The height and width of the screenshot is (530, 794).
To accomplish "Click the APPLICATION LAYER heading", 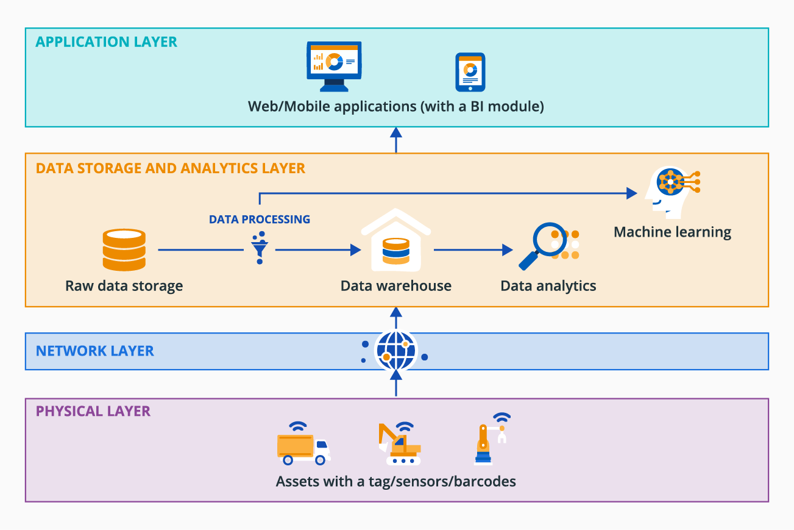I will (x=107, y=42).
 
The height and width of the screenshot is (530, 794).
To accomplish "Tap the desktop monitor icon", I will (x=333, y=66).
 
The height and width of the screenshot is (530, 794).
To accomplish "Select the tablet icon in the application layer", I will (x=470, y=71).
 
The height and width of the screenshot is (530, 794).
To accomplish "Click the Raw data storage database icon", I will (x=124, y=250).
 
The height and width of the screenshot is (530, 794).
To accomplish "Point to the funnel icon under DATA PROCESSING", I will (x=260, y=248).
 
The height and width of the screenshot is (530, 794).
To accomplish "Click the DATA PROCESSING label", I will (x=260, y=220).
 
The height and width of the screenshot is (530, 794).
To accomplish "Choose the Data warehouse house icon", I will (x=396, y=242).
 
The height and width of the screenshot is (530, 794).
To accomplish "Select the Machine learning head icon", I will (x=670, y=192).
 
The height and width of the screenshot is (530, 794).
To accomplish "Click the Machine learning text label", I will (x=672, y=232).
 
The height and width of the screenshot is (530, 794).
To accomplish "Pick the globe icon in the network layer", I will (x=396, y=351).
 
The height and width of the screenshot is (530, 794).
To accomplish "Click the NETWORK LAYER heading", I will (x=95, y=351).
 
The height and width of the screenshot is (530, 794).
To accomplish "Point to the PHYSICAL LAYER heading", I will (x=93, y=411).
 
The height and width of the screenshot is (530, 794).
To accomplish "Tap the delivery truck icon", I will (x=303, y=448).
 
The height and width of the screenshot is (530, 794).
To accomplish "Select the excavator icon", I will (x=397, y=444).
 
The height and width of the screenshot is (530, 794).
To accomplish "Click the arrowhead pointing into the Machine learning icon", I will (x=631, y=193).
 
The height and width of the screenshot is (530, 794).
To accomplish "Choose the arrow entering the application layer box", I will (x=396, y=139).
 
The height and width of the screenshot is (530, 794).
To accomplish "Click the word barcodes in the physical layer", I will (x=486, y=482).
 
